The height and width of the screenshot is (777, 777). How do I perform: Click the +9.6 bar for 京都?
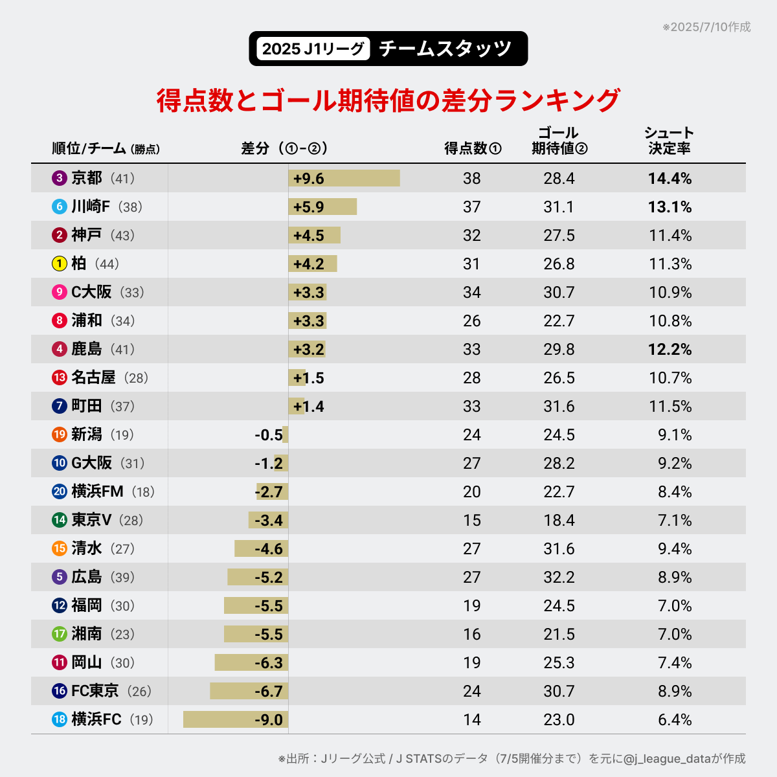pyautogui.click(x=344, y=178)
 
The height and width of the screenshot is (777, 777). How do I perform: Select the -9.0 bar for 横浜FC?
pyautogui.click(x=236, y=719)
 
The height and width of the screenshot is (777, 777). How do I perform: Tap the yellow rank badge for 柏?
pyautogui.click(x=60, y=264)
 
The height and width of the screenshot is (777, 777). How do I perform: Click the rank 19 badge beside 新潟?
pyautogui.click(x=60, y=434)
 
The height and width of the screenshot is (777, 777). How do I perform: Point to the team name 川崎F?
pyautogui.click(x=91, y=207)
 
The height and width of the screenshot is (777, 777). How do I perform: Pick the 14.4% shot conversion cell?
pyautogui.click(x=670, y=178)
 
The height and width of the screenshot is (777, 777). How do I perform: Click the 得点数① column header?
pyautogui.click(x=473, y=148)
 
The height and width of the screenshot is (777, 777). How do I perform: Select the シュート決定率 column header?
pyautogui.click(x=669, y=141)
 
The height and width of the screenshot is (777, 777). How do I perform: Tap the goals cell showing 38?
pyautogui.click(x=471, y=178)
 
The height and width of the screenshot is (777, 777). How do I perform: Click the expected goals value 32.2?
pyautogui.click(x=559, y=577)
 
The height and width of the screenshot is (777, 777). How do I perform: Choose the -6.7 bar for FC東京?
pyautogui.click(x=249, y=691)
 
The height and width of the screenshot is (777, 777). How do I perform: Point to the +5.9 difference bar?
pyautogui.click(x=322, y=207)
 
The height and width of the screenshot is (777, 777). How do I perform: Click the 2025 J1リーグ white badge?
pyautogui.click(x=313, y=49)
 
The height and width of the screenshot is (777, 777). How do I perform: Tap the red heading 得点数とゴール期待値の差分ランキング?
pyautogui.click(x=388, y=100)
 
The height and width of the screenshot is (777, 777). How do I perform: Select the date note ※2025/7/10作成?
pyautogui.click(x=706, y=27)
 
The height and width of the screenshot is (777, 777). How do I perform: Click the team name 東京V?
pyautogui.click(x=91, y=520)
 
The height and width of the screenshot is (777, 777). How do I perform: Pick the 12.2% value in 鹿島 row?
pyautogui.click(x=670, y=349)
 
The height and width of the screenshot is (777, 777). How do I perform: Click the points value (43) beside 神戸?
pyautogui.click(x=122, y=235)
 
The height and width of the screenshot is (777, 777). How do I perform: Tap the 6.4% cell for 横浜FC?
pyautogui.click(x=675, y=719)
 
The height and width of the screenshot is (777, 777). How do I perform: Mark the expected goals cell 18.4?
pyautogui.click(x=559, y=520)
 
